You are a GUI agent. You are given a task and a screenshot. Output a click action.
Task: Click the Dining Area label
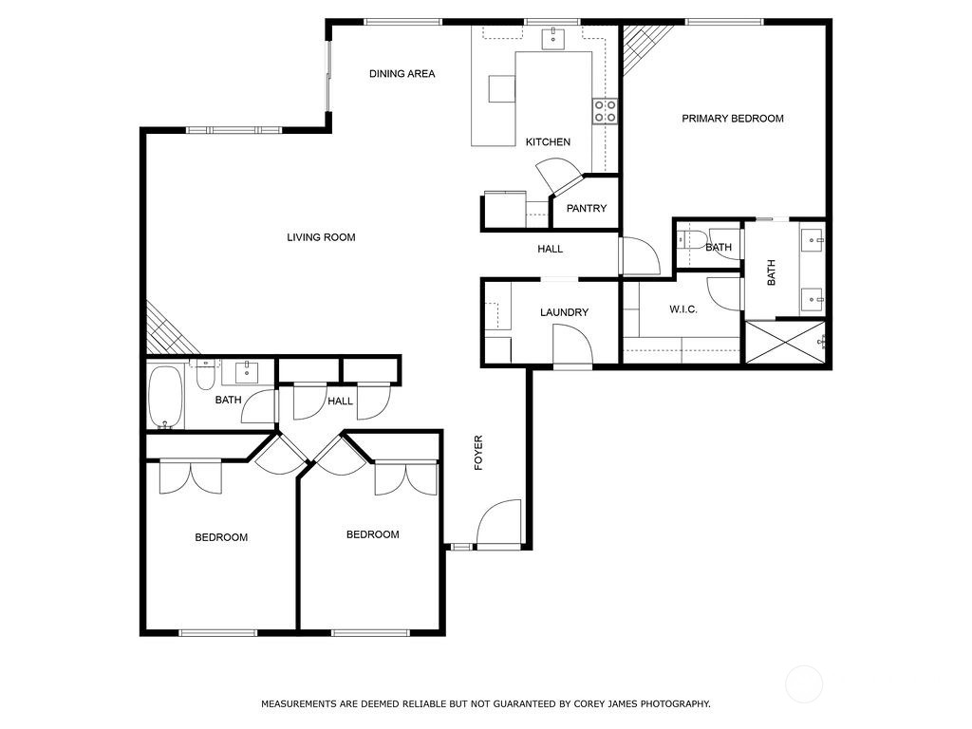[x=402, y=74]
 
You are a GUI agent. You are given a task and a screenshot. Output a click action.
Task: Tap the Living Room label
[x=321, y=237]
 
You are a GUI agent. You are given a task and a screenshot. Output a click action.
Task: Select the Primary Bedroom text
[x=733, y=119]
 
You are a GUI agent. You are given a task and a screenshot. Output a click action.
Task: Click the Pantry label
[x=587, y=208]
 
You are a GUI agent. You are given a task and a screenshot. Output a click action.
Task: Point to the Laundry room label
[x=564, y=312]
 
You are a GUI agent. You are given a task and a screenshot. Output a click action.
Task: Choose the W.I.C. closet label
[x=683, y=309]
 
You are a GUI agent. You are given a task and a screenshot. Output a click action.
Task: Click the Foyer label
[x=478, y=453]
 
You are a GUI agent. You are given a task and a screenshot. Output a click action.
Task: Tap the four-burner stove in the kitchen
[x=605, y=111]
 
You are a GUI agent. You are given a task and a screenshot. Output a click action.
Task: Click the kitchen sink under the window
[x=553, y=38]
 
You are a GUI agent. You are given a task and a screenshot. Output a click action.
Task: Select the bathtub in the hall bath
[x=166, y=398]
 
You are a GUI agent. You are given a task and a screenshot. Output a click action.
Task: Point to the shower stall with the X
[x=785, y=342]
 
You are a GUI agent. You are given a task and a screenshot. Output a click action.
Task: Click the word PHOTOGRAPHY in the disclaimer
[x=675, y=704]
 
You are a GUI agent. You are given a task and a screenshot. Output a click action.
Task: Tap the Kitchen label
[x=548, y=142]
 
